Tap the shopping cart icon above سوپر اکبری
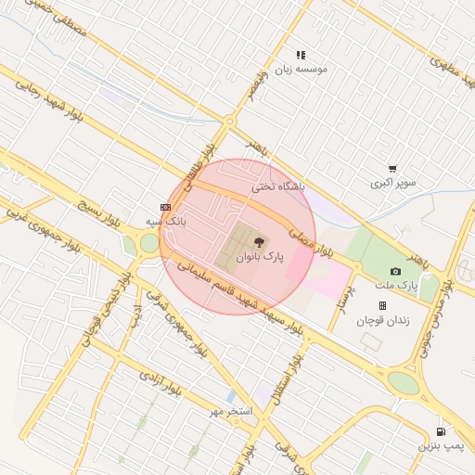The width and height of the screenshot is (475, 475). click(x=392, y=169)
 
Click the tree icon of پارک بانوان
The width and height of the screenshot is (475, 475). click(x=258, y=241)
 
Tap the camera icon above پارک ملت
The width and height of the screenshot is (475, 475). click(x=396, y=271)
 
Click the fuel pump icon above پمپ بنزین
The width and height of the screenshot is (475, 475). click(x=440, y=431)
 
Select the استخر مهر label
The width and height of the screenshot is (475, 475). click(x=232, y=409)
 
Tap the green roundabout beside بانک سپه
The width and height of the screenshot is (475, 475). click(x=148, y=243)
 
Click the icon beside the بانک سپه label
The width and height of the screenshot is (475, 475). click(x=165, y=207)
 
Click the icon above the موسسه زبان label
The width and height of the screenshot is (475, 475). click(x=300, y=56)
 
